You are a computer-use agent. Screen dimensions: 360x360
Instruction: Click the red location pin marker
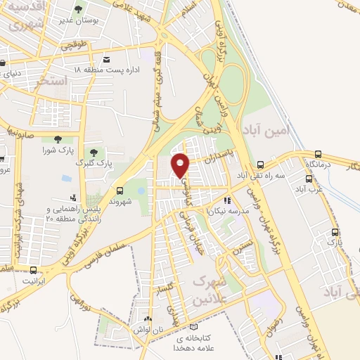pos(181,165)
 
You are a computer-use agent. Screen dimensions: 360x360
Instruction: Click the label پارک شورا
pos(58,150)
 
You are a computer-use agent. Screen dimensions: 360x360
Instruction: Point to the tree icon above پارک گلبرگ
pos(92,152)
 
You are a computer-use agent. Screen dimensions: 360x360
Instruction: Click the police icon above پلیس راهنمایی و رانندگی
pos(72,197)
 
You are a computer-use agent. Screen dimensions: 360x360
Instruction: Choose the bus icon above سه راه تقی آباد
pos(260,164)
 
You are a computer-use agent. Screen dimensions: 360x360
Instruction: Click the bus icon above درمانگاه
pos(318,154)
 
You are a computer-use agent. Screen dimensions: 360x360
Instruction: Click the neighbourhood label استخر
pos(54,82)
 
